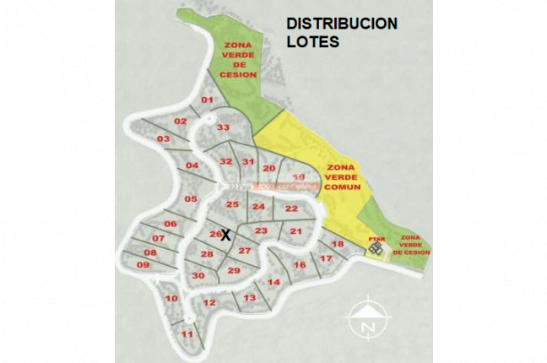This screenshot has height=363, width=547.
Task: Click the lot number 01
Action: (x=207, y=100)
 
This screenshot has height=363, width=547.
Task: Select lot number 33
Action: (x=223, y=127)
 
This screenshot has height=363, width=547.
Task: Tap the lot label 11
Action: (x=187, y=334)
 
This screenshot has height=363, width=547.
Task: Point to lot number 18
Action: (x=338, y=244)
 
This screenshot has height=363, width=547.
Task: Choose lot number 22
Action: (x=291, y=209)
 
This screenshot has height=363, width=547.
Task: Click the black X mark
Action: (x=225, y=236)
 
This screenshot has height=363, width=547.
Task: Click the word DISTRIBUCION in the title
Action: (x=342, y=24)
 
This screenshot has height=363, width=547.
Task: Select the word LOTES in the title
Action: (x=312, y=41)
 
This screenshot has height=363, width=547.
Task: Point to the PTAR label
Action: (x=376, y=239)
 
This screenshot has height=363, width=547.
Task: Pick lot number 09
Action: (x=143, y=265)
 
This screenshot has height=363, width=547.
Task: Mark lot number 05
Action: (x=191, y=199)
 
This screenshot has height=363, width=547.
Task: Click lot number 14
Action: (x=273, y=282)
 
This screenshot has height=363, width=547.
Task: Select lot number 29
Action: (x=234, y=270)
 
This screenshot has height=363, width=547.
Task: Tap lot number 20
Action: (x=269, y=169)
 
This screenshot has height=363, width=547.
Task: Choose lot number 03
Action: (x=163, y=138)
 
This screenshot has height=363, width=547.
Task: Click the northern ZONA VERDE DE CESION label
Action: (x=239, y=61)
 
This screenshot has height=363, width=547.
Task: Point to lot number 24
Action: (x=258, y=207)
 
